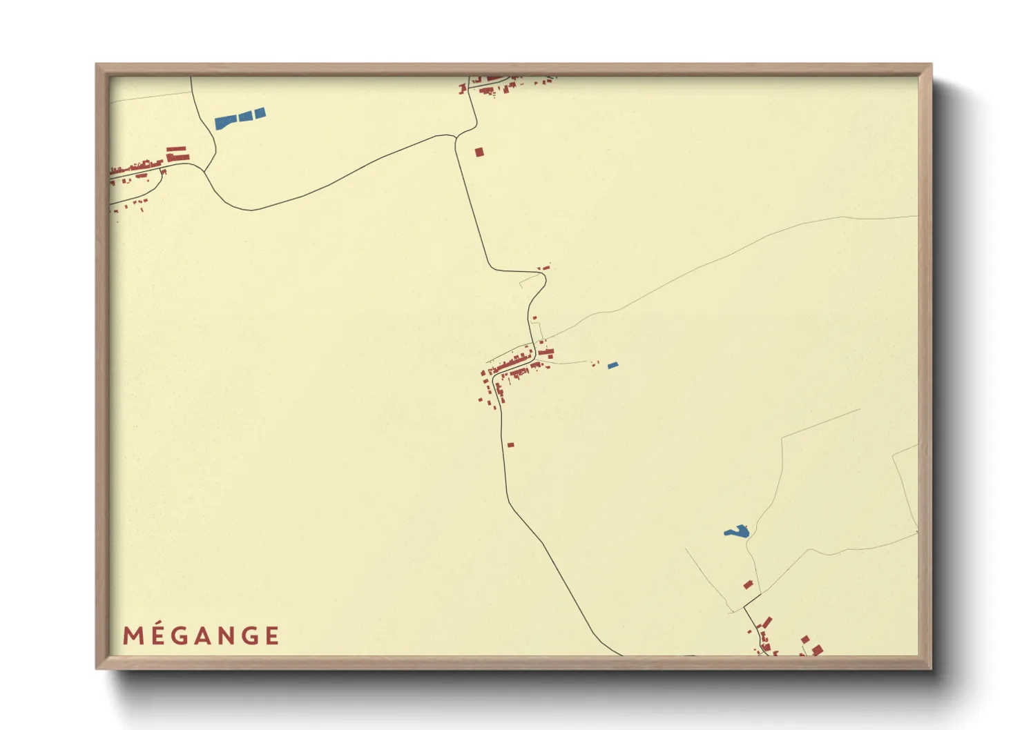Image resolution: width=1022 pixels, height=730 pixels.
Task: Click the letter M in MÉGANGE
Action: (132, 635)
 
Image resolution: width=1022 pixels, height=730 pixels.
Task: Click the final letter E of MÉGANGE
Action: (272, 635)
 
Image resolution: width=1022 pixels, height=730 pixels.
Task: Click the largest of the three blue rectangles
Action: (225, 123)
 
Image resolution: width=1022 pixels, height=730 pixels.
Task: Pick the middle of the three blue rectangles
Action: (245, 117)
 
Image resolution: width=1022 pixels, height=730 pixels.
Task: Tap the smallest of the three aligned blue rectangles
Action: (260, 113)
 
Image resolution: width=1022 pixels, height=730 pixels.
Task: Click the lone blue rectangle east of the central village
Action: (613, 365)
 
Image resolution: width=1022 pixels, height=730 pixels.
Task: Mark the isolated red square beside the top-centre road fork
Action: (479, 152)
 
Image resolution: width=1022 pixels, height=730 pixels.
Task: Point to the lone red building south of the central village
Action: (510, 445)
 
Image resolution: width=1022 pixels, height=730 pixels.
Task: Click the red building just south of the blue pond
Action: (748, 584)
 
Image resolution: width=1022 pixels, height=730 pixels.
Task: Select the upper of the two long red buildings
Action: (176, 149)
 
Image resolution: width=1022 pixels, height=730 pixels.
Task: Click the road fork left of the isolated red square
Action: (456, 137)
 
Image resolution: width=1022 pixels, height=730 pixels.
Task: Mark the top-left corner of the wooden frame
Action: (97, 65)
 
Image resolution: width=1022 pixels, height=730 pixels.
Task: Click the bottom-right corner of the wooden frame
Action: (931, 668)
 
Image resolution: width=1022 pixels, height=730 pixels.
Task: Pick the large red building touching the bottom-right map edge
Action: (817, 651)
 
